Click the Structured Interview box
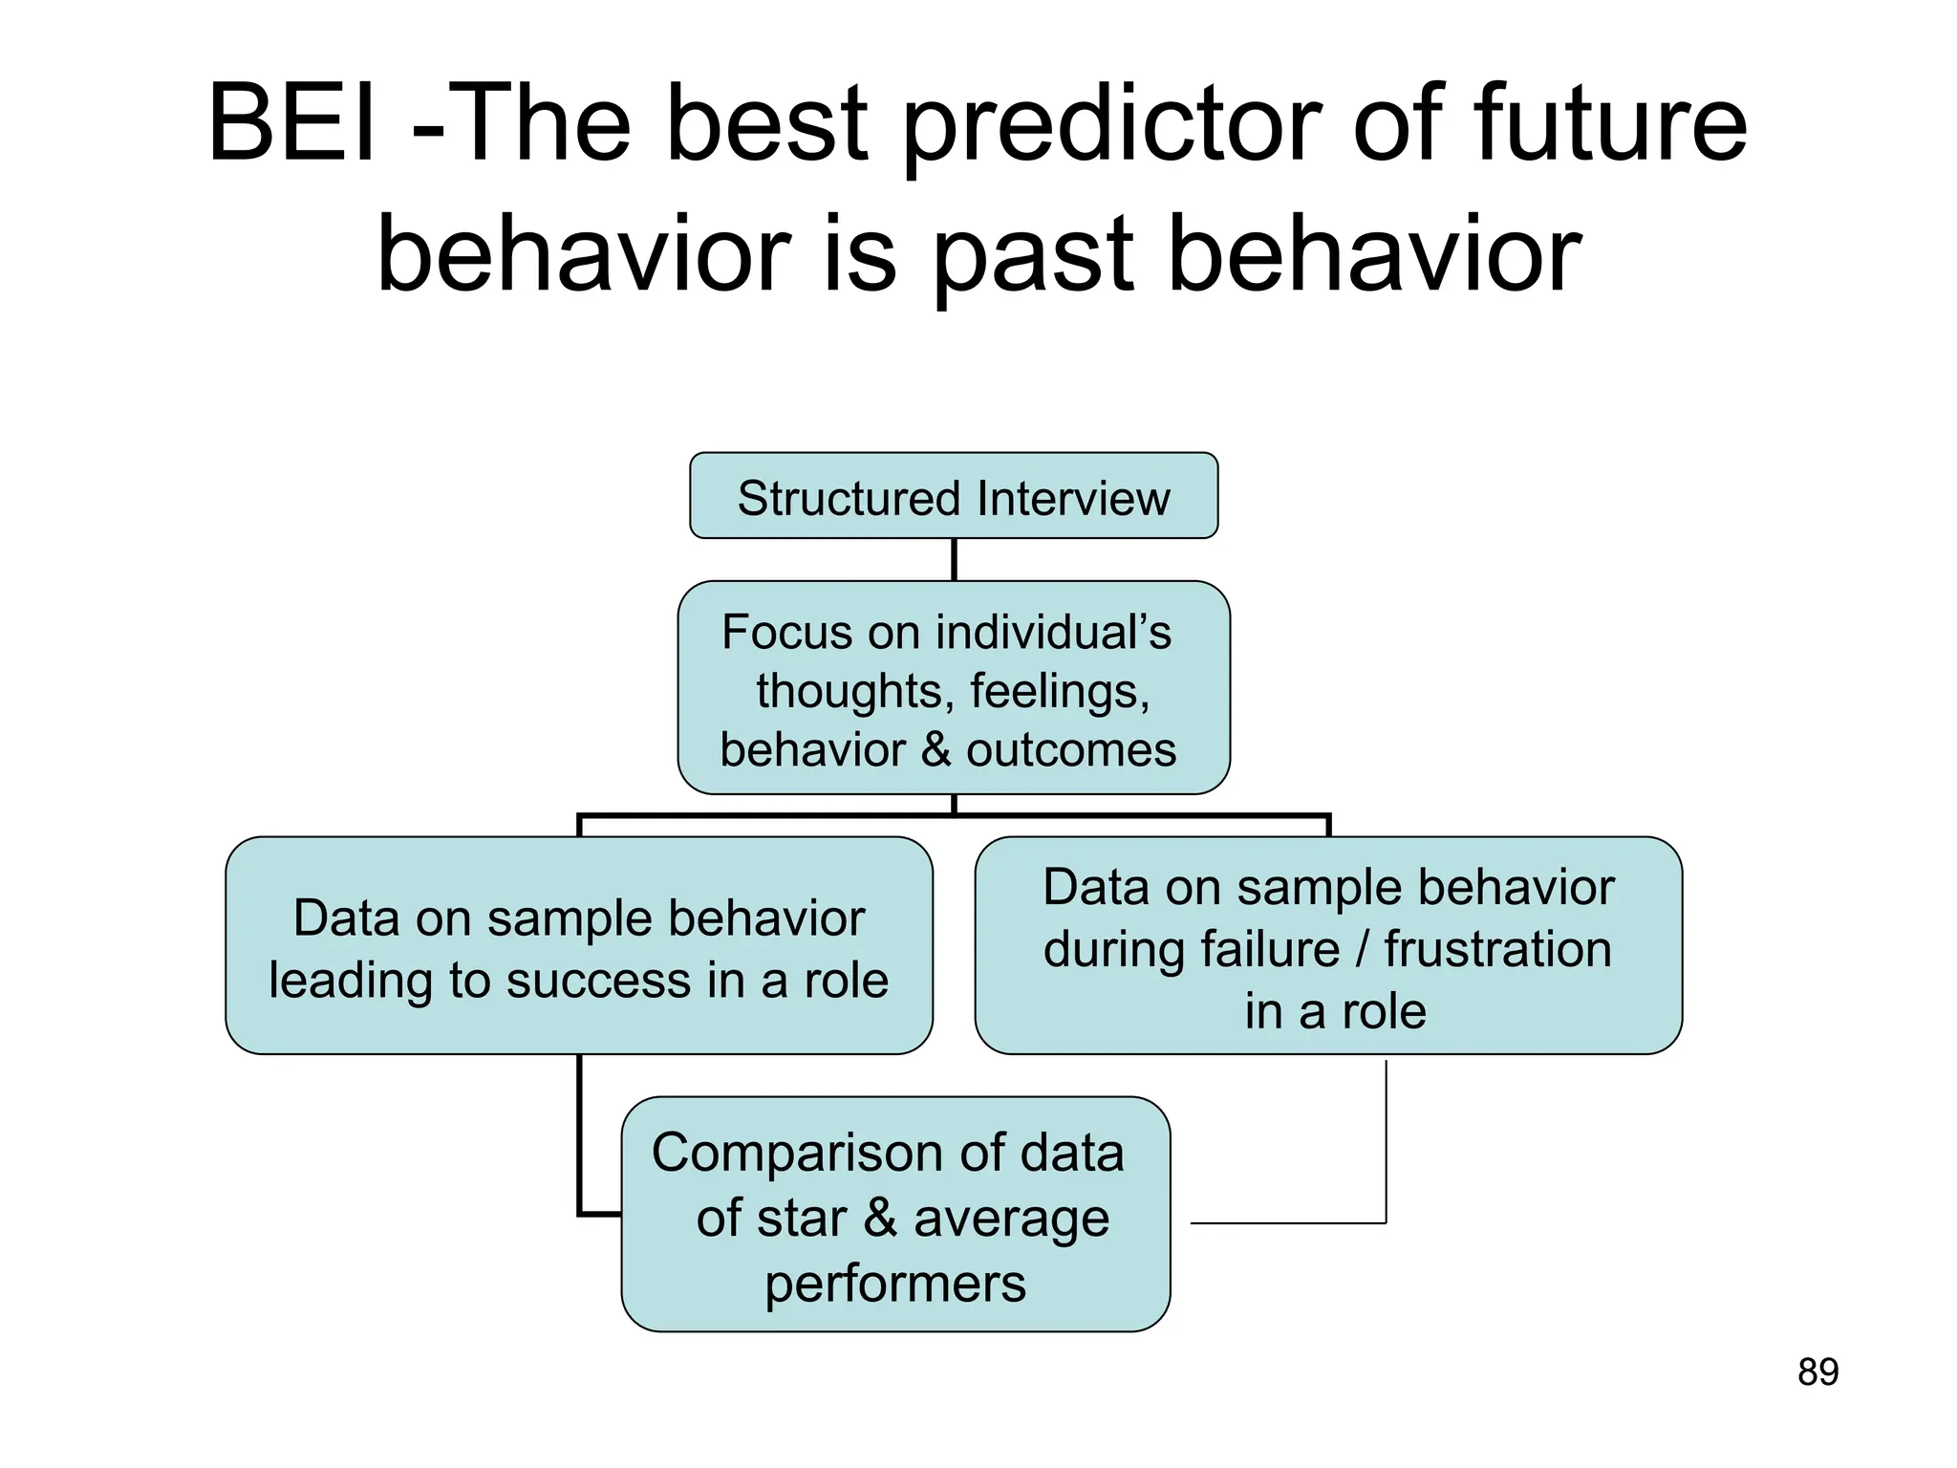point(953,496)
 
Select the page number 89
point(1817,1372)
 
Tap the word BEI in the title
point(291,124)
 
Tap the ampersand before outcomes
point(936,749)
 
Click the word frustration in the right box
point(1497,949)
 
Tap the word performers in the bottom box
point(894,1284)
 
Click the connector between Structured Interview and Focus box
point(954,559)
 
